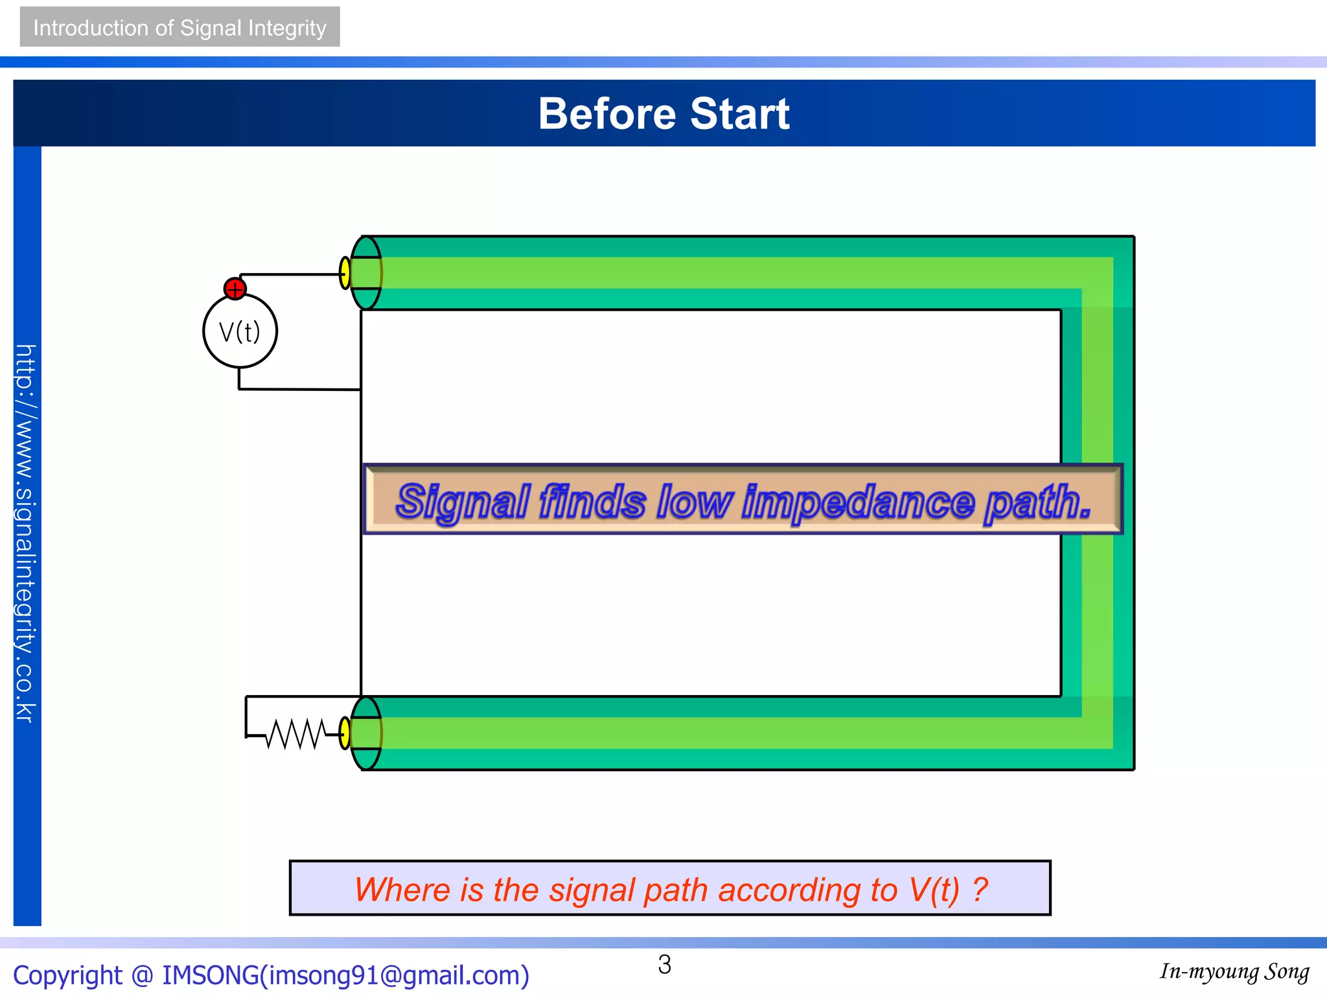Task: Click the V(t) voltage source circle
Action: (x=240, y=331)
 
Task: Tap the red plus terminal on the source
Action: (x=235, y=289)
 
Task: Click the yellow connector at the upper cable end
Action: (x=345, y=273)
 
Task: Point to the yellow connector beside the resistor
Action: (x=345, y=733)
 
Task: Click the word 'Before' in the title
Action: (x=607, y=114)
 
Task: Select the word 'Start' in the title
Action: (x=740, y=114)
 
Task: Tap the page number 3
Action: (x=664, y=965)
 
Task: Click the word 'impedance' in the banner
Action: (x=858, y=502)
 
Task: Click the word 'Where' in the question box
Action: (x=402, y=890)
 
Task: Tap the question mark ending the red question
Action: (x=980, y=890)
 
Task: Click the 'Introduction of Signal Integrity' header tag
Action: (x=179, y=27)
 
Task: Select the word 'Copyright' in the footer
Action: (x=67, y=975)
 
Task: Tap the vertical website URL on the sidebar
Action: (x=26, y=533)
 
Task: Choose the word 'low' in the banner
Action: (x=693, y=502)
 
